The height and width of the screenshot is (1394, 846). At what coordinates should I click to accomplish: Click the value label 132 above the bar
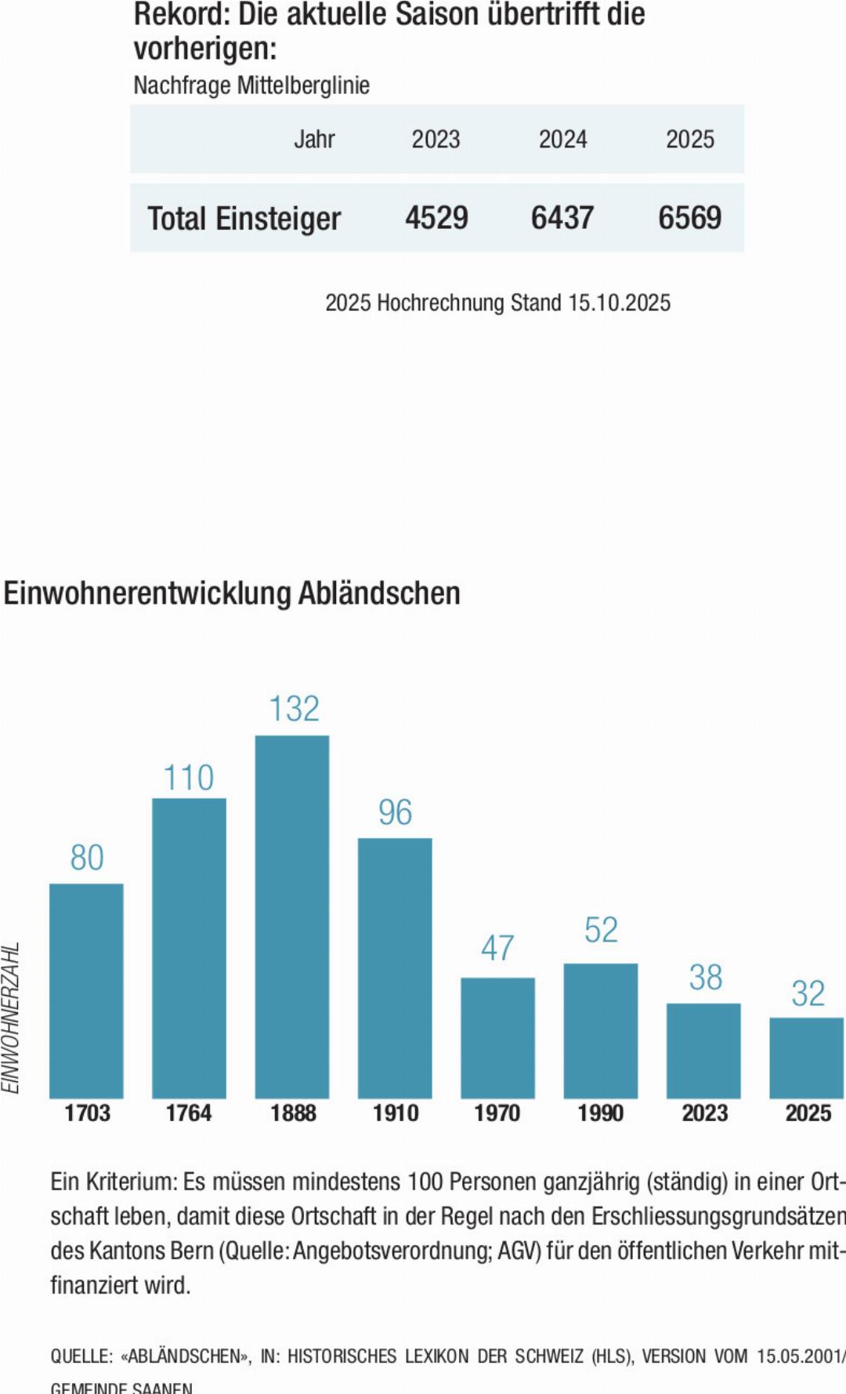(x=294, y=709)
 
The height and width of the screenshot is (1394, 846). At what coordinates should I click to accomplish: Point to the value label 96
(x=395, y=812)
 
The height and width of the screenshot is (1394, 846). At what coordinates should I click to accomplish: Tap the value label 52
(x=601, y=930)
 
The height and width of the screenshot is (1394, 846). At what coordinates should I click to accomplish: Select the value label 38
(x=705, y=978)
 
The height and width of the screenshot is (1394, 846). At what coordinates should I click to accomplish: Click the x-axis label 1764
(x=189, y=1113)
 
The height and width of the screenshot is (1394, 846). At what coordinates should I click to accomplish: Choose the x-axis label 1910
(x=396, y=1113)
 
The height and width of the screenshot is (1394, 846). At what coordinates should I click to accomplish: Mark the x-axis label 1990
(x=601, y=1113)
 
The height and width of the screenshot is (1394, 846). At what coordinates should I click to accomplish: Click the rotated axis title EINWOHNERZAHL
(x=10, y=1018)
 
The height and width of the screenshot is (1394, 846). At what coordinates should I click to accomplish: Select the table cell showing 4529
(x=436, y=218)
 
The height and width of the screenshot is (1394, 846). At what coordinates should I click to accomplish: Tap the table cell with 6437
(x=562, y=218)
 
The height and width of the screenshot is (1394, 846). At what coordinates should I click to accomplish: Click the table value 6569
(x=689, y=218)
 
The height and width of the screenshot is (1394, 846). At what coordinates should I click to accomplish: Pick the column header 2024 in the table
(x=562, y=140)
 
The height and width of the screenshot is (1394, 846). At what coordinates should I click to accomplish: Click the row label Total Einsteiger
(x=244, y=219)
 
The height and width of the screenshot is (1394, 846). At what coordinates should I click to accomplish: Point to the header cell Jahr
(x=314, y=140)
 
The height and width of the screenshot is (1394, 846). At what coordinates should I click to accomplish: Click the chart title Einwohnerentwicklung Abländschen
(x=232, y=594)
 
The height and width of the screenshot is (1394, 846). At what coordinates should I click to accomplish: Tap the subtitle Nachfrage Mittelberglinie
(x=251, y=85)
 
